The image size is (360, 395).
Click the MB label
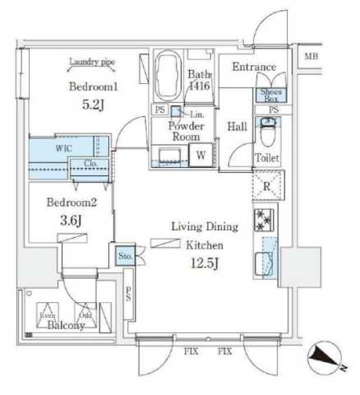coord(310,56)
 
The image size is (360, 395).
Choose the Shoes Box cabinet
coord(270,95)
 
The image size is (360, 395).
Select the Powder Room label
coord(185,132)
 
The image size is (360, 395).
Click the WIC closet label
coord(65,149)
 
